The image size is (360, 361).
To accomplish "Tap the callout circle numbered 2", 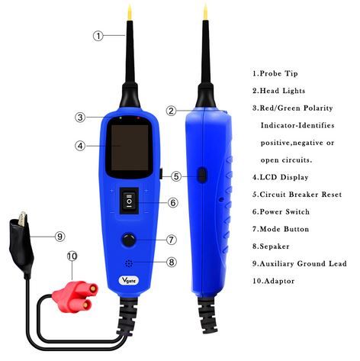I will point(172,111).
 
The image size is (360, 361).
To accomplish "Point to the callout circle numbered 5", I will point(175,176).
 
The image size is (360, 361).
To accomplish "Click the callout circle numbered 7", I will point(172,239).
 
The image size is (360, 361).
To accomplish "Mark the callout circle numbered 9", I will point(60,237).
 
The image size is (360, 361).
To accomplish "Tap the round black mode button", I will point(130,239).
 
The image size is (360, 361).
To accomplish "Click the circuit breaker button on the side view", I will point(201,176).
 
